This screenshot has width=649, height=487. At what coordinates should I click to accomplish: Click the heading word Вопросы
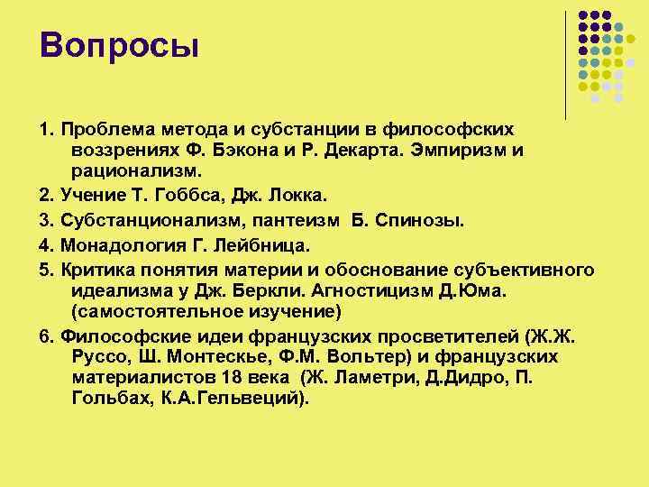[118, 44]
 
